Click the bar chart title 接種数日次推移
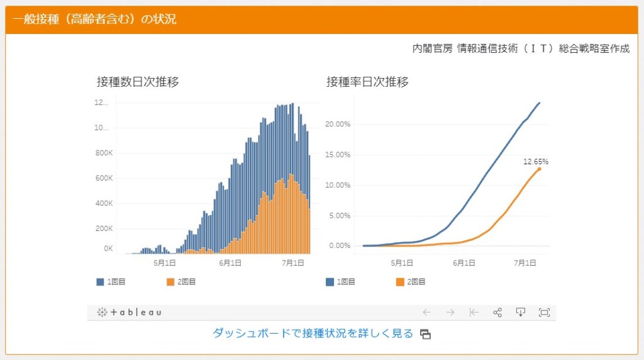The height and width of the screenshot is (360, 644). point(138,82)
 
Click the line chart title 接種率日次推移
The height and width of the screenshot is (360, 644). point(367,82)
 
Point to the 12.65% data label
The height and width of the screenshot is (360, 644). point(536,162)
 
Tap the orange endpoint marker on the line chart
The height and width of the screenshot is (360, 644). point(539,169)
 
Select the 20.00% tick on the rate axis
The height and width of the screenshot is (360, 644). point(338,124)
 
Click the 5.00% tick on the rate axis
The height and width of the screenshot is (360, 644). point(340,215)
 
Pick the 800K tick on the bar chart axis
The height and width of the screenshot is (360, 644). point(103,153)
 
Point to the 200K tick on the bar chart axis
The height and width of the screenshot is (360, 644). point(103,228)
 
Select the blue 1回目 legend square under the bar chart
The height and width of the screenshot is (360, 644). point(100,282)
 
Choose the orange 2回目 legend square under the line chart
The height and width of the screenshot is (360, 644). point(400,282)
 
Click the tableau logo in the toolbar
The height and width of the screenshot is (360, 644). point(130,312)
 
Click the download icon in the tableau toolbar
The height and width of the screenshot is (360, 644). point(520,312)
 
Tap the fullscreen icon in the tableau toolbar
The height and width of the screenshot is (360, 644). point(544,312)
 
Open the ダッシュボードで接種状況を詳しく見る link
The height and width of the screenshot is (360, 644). point(313,334)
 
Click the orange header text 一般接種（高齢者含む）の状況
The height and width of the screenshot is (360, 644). point(94,20)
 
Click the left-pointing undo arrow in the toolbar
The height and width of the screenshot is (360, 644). point(426,312)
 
